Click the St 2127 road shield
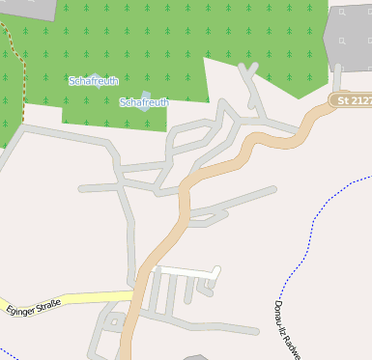click(351, 99)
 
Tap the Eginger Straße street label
click(33, 309)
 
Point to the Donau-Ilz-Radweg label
click(288, 328)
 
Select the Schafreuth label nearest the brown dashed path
click(94, 81)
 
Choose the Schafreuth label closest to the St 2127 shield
click(144, 102)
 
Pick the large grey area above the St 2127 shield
click(348, 39)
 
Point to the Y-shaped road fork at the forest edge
click(250, 76)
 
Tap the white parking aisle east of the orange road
click(184, 269)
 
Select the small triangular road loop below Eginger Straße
click(113, 320)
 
